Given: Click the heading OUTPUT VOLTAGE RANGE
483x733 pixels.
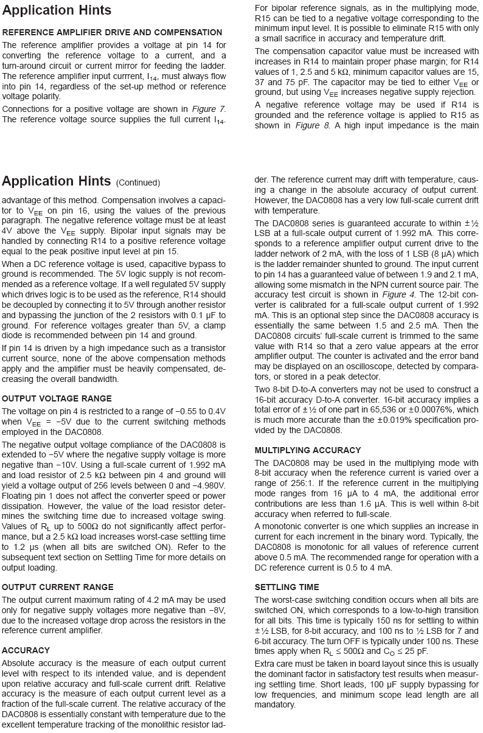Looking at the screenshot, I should [x=57, y=398].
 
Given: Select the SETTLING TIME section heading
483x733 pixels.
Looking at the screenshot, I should [x=287, y=587].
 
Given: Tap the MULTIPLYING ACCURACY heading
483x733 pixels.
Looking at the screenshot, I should [x=307, y=450].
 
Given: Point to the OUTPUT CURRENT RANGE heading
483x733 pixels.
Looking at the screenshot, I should [x=58, y=587].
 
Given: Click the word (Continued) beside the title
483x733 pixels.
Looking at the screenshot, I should [x=138, y=183].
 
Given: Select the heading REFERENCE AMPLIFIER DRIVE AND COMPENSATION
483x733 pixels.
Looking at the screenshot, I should [x=112, y=32].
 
